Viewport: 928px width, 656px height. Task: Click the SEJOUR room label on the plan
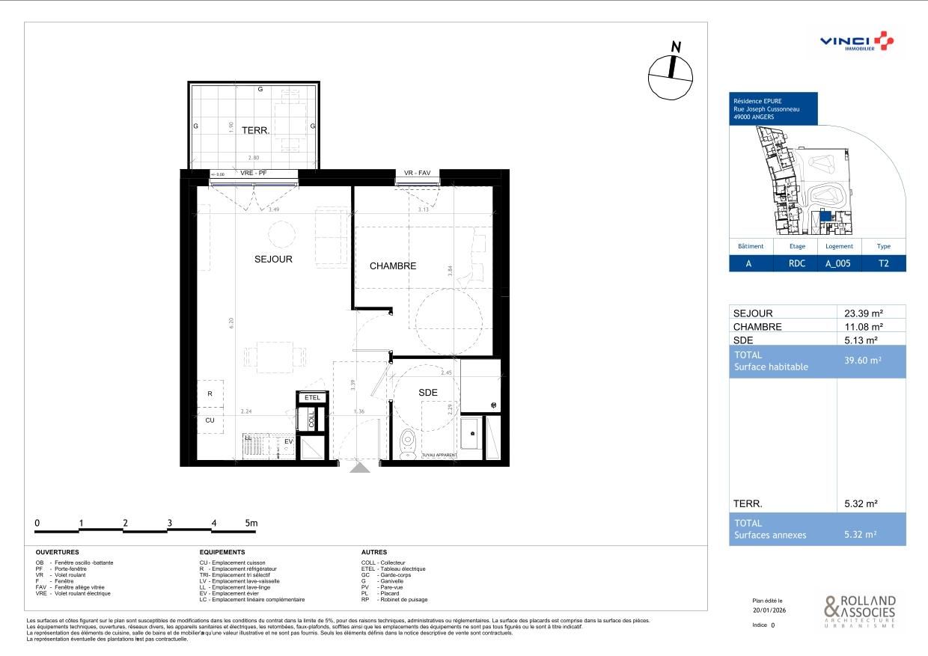coord(272,260)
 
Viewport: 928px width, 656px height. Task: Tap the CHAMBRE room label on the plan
coord(393,266)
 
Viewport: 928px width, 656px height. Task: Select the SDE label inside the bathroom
coord(427,393)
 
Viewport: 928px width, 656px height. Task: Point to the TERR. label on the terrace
coord(255,130)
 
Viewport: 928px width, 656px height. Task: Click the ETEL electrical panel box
coord(312,398)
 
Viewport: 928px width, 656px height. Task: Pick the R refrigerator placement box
coord(210,393)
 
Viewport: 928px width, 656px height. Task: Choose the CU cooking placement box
coord(210,420)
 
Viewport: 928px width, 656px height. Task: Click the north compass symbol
coord(671,72)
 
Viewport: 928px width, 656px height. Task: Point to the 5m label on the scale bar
coord(251,523)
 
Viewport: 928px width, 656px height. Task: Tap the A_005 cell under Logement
coord(839,264)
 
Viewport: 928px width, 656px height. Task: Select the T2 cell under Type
coord(884,264)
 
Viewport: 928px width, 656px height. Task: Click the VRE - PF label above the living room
coord(254,174)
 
